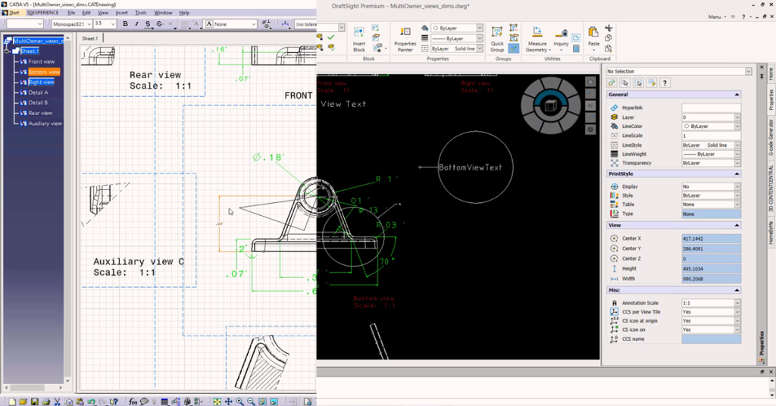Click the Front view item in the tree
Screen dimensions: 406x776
42,61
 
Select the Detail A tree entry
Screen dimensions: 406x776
38,92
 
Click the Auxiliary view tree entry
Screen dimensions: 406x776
45,123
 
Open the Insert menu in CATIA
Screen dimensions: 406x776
122,13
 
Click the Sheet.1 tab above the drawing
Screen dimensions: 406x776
89,38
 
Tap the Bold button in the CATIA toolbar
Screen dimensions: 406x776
126,24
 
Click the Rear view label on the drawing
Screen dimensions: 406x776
155,75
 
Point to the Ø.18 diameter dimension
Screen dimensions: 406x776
268,158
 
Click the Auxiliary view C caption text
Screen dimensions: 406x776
139,262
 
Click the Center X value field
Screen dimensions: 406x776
711,239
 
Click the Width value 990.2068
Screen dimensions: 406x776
711,279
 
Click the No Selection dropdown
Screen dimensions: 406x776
679,71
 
